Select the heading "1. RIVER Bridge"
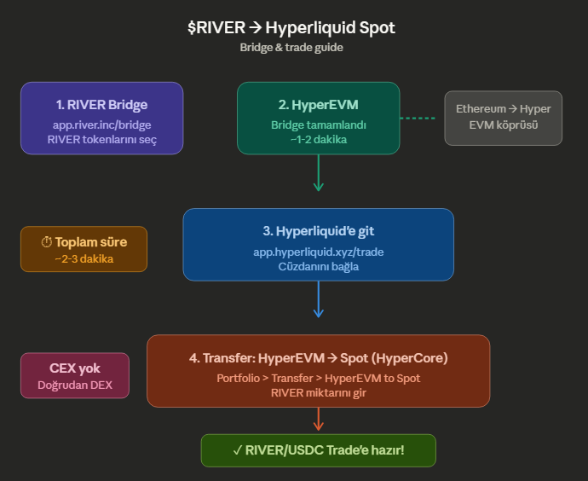click(101, 105)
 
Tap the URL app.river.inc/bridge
click(101, 125)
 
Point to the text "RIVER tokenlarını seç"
click(101, 140)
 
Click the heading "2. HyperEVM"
click(318, 105)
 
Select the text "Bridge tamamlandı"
click(318, 125)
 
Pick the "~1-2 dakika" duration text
click(318, 140)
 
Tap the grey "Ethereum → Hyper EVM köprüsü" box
click(503, 118)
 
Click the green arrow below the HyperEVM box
click(318, 174)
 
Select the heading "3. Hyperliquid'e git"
click(318, 231)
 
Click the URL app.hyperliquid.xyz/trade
click(318, 252)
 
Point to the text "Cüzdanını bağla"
click(318, 266)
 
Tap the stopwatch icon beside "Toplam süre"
click(47, 241)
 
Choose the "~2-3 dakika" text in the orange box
click(84, 258)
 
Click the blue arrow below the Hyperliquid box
click(318, 300)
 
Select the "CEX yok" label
click(75, 368)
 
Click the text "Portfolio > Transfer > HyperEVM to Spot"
click(318, 378)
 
